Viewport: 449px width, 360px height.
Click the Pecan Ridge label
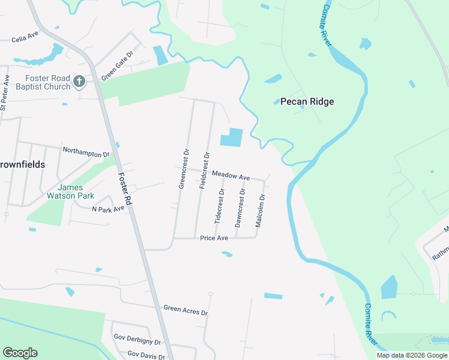click(x=307, y=101)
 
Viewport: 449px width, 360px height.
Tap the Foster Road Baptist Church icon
click(x=79, y=82)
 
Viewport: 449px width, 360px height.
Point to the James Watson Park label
click(x=71, y=191)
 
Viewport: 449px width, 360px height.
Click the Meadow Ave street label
click(x=230, y=177)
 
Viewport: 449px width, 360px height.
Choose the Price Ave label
click(x=214, y=238)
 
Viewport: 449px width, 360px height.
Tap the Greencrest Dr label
click(x=184, y=169)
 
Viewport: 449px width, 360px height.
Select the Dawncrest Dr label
click(x=240, y=208)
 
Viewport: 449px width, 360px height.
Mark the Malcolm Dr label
click(x=261, y=209)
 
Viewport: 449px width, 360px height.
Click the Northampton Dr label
click(x=86, y=152)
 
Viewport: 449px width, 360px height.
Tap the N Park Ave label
click(x=108, y=209)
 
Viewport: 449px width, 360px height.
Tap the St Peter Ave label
click(x=5, y=93)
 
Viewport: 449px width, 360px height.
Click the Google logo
click(x=20, y=353)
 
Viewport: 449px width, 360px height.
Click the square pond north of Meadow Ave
click(x=232, y=137)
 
